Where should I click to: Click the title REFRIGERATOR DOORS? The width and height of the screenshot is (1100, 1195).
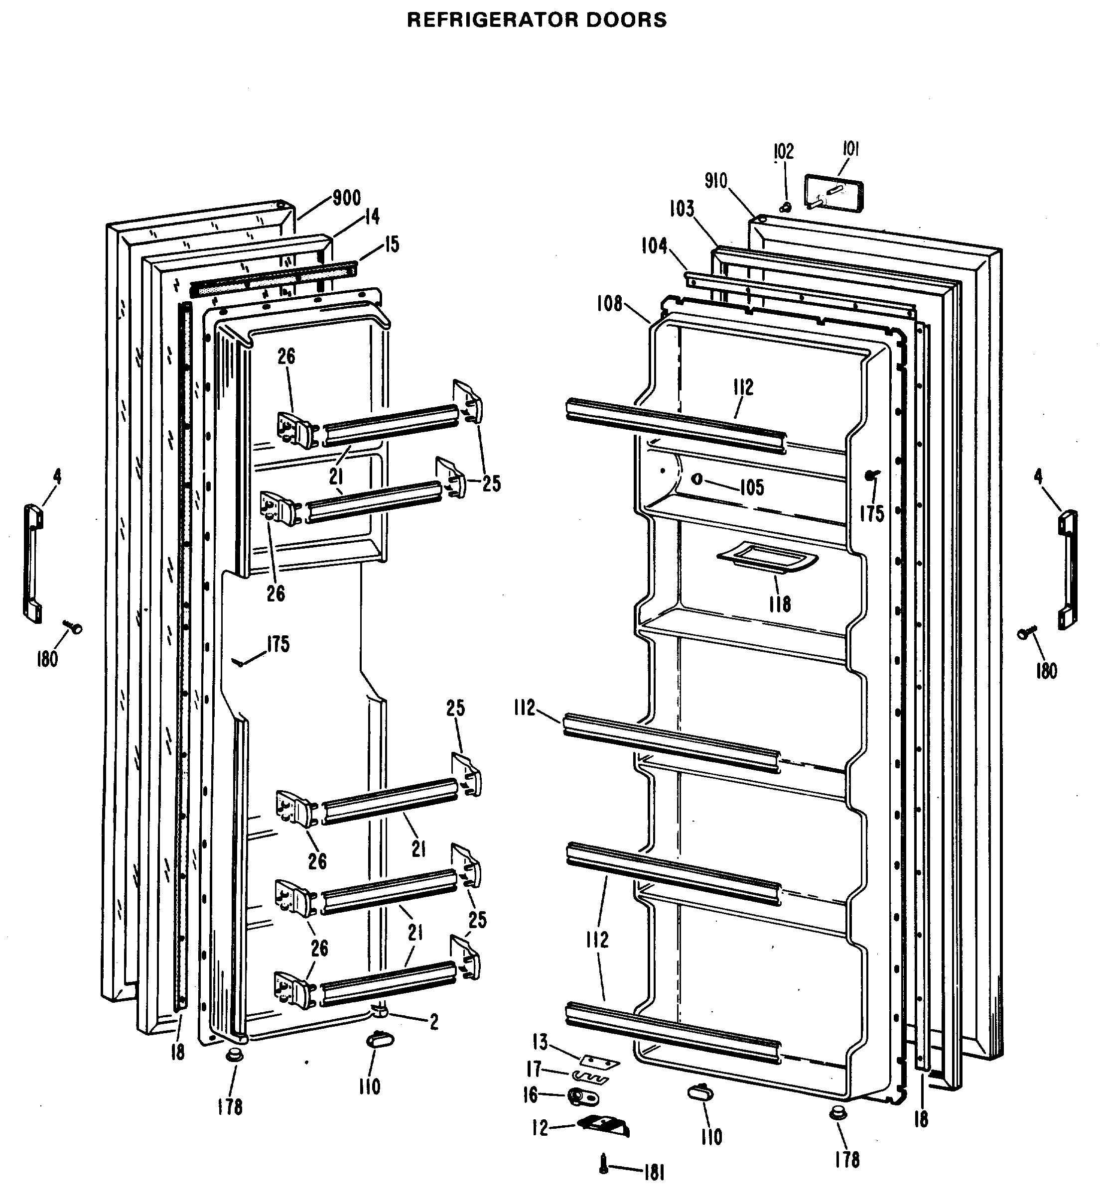(537, 20)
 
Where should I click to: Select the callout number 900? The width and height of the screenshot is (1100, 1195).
(346, 198)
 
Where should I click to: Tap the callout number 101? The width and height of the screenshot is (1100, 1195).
(850, 149)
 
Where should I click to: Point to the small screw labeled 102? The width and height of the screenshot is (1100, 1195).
(785, 207)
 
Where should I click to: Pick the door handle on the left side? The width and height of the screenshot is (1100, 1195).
(33, 562)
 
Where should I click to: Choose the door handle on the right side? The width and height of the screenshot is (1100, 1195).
(1067, 569)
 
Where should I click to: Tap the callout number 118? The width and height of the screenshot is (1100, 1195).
(779, 604)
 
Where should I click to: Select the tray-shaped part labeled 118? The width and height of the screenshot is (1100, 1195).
(767, 558)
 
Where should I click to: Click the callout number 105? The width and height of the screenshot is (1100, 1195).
(751, 488)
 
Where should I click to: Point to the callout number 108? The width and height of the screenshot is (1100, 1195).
(609, 304)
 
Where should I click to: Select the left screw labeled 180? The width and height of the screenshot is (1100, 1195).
(75, 627)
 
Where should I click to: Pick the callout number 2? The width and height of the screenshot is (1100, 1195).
(434, 1022)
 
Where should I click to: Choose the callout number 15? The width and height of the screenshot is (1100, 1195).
(392, 244)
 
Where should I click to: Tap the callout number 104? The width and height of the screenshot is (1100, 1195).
(654, 245)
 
